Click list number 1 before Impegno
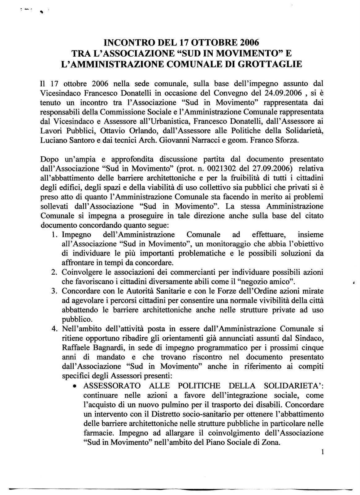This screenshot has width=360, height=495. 53,235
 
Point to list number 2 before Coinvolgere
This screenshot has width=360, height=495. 53,273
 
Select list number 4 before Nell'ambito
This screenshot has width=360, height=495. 53,329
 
